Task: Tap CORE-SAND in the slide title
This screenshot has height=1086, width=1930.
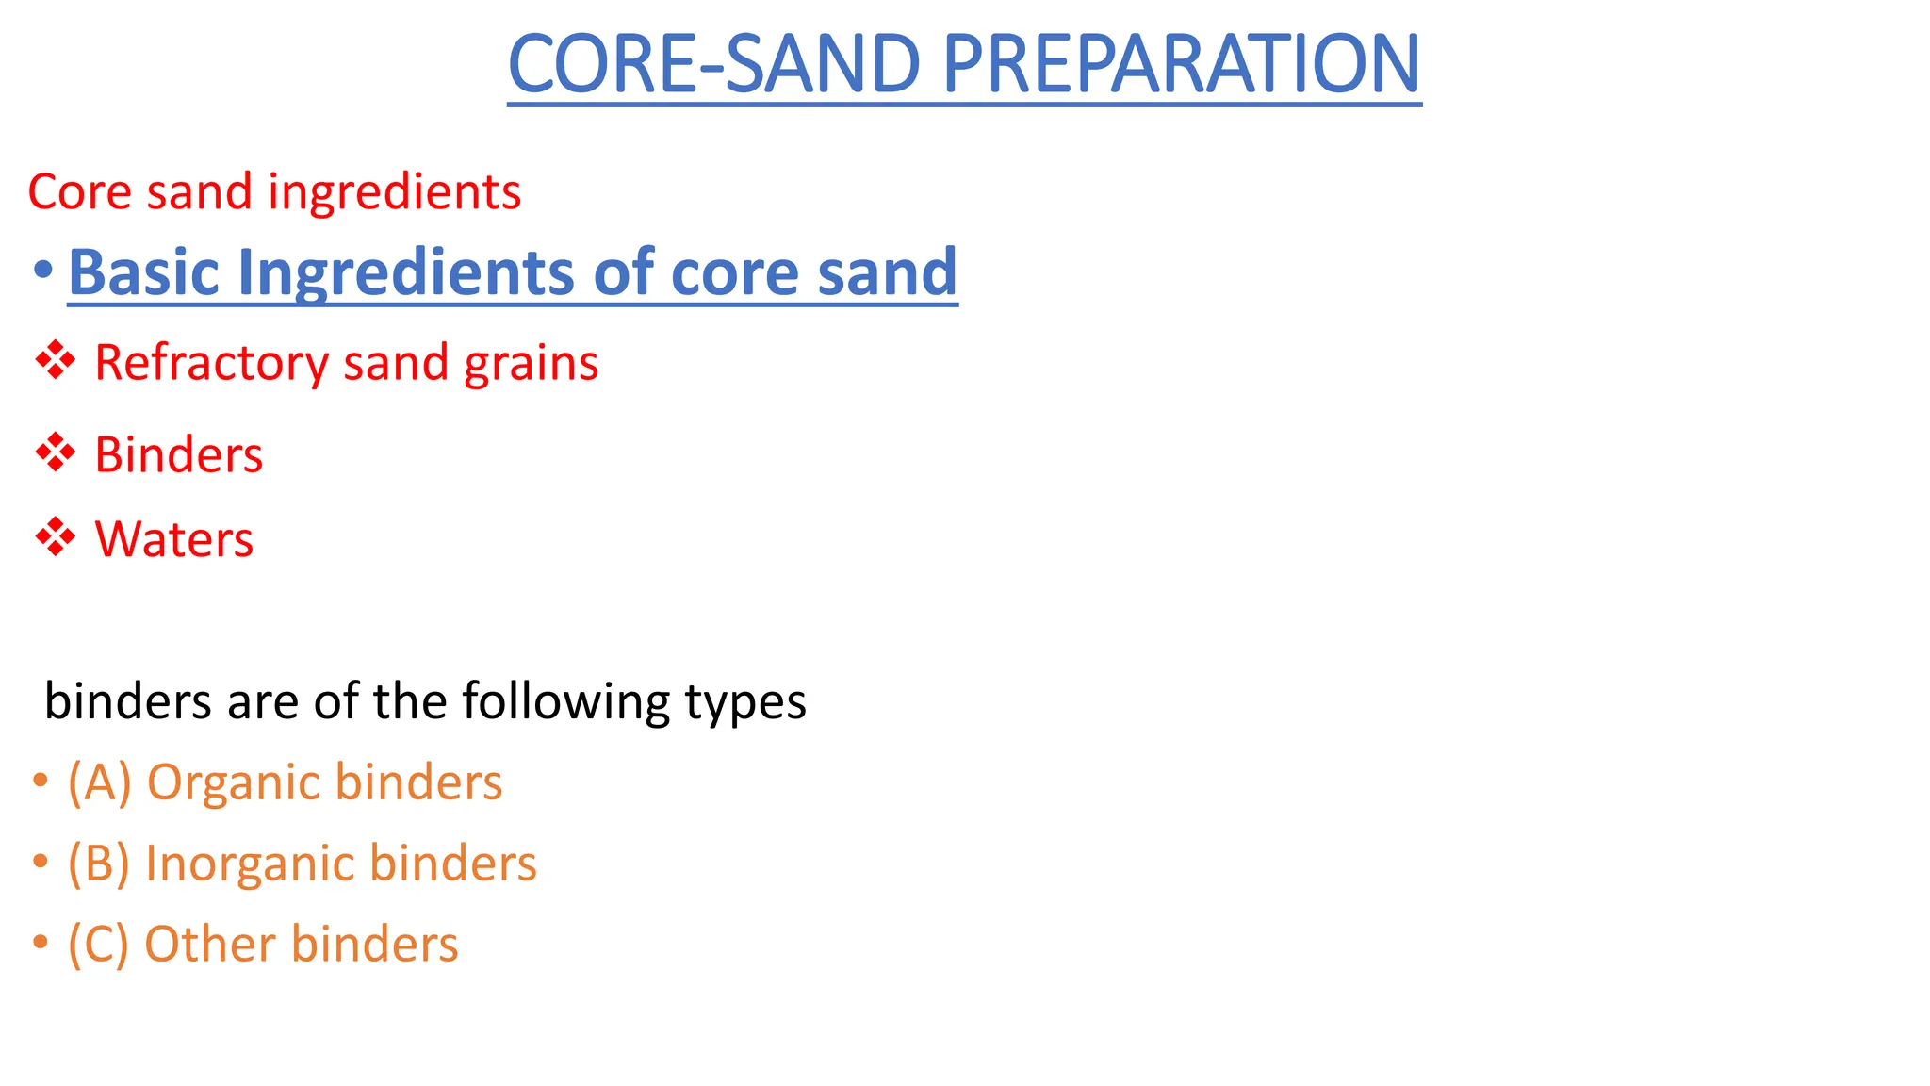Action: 715,64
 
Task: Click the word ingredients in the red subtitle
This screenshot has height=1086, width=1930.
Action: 394,192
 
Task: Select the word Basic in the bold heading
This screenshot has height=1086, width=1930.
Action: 144,271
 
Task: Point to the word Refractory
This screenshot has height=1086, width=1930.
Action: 211,363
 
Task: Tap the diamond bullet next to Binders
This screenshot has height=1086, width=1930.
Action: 56,453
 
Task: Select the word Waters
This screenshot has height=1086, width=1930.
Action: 174,539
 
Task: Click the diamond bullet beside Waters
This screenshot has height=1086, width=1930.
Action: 56,537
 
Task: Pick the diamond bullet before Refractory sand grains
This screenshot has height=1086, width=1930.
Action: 56,361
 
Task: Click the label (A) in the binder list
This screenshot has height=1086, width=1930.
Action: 99,782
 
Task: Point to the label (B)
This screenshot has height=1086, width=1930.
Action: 98,864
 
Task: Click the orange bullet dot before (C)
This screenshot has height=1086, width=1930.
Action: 40,942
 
